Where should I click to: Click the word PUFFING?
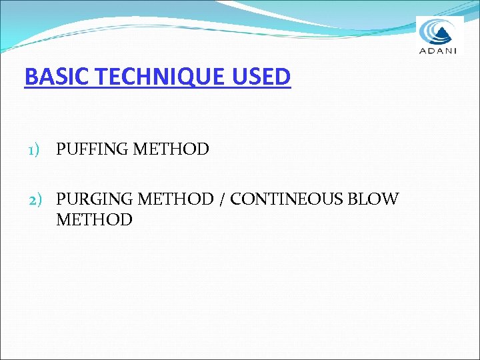(x=92, y=149)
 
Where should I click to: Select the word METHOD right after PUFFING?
(x=171, y=149)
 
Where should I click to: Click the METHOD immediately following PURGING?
(x=176, y=199)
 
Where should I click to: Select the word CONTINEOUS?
(x=287, y=199)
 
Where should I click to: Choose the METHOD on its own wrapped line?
(x=94, y=219)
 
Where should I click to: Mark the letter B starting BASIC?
(x=30, y=77)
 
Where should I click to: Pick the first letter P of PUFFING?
(x=61, y=149)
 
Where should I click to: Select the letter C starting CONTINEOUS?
(x=236, y=199)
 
